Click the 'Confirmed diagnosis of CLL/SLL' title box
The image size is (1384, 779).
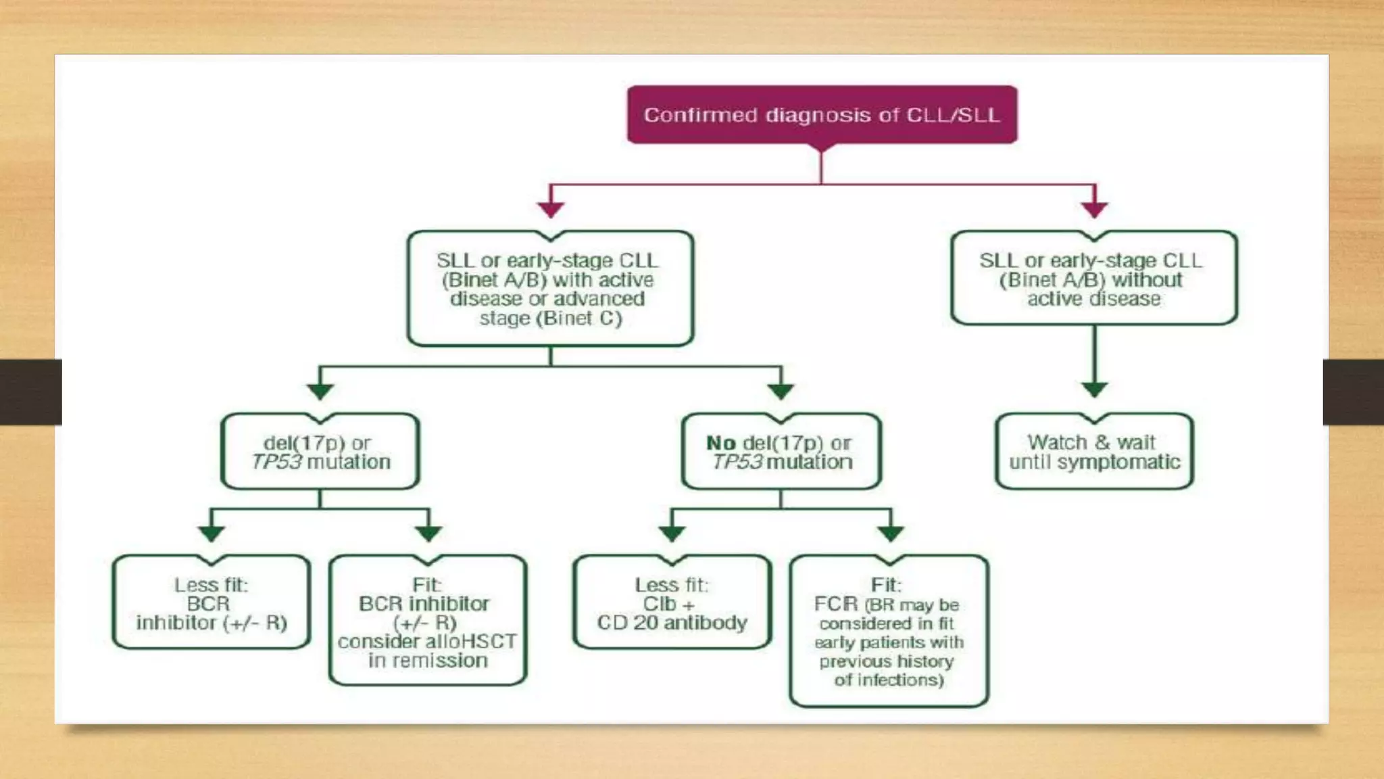(822, 115)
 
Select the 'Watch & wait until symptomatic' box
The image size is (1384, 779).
(1094, 452)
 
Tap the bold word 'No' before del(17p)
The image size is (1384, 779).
(720, 444)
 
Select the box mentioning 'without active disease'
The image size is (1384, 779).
(1093, 279)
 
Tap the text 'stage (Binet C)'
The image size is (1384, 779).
(550, 318)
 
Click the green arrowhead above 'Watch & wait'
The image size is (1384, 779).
(1094, 389)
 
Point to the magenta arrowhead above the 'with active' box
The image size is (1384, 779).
(551, 209)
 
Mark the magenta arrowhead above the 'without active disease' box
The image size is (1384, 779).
(1094, 209)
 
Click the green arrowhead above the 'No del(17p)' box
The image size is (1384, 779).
(781, 391)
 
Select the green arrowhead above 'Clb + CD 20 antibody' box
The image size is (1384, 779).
(672, 534)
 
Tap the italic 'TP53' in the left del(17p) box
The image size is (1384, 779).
(276, 462)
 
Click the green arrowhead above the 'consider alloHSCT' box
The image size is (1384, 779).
(428, 534)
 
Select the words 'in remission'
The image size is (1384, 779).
(428, 661)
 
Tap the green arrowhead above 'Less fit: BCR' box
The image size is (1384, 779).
(212, 534)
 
